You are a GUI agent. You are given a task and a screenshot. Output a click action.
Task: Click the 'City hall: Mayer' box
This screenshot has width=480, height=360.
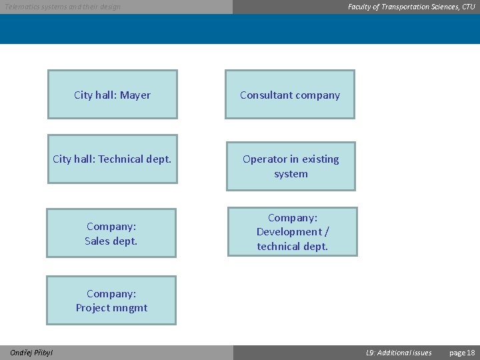click(112, 95)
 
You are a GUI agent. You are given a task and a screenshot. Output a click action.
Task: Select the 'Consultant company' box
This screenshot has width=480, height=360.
click(290, 95)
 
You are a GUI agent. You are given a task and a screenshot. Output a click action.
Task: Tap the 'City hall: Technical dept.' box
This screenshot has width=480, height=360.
click(112, 159)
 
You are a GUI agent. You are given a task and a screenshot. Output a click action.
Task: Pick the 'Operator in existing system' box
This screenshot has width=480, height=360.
click(291, 166)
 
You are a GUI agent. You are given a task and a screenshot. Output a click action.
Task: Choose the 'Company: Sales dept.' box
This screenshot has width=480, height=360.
click(111, 233)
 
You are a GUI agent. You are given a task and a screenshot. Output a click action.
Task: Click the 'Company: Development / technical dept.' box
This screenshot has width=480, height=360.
click(293, 232)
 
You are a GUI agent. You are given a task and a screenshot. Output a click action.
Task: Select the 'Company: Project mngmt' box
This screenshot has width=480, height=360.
click(111, 301)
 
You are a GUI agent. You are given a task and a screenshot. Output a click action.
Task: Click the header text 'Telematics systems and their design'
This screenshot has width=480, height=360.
click(63, 7)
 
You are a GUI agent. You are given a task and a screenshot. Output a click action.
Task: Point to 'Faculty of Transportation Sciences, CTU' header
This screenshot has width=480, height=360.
click(411, 7)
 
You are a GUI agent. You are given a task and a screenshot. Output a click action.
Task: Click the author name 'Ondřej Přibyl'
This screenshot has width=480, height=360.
click(32, 353)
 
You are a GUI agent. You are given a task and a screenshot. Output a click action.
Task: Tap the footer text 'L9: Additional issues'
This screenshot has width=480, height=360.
click(399, 353)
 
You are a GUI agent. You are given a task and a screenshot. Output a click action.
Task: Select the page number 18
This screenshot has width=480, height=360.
click(471, 353)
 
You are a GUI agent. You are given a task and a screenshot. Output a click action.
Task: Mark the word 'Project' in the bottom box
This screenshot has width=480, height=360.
click(93, 308)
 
